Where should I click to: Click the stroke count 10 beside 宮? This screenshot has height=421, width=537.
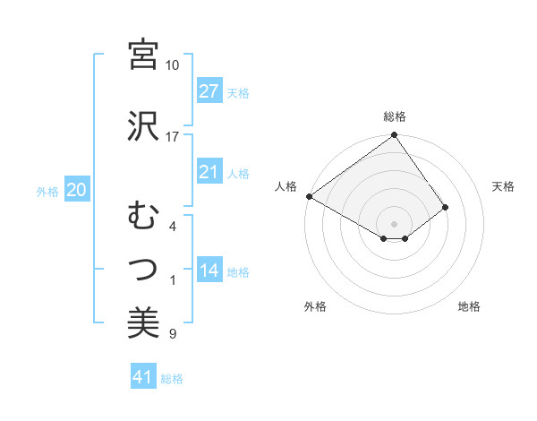[x=172, y=65]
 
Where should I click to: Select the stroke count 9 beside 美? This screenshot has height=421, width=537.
[x=172, y=335]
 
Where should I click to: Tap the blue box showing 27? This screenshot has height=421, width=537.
[x=209, y=91]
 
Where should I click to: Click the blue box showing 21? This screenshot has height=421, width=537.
[x=209, y=172]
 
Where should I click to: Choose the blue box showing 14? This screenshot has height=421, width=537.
[x=209, y=271]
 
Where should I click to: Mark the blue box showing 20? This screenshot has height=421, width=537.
[x=76, y=190]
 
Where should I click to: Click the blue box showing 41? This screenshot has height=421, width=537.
[x=143, y=378]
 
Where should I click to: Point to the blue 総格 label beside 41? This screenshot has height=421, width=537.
[x=172, y=379]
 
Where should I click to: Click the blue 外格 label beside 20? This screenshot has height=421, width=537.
[x=47, y=191]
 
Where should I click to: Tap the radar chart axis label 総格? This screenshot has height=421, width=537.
[x=395, y=116]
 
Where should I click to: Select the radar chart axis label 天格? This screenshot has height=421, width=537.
[x=504, y=186]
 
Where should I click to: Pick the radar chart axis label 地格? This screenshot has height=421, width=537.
[x=469, y=306]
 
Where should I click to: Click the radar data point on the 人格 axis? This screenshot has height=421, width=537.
[x=309, y=196]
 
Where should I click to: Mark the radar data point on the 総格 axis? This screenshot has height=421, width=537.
[x=394, y=136]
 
